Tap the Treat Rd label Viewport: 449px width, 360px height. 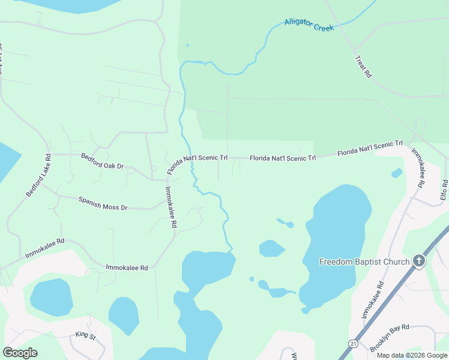(x=364, y=67)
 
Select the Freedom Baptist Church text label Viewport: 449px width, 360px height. (x=364, y=262)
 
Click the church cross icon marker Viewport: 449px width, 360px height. (x=419, y=261)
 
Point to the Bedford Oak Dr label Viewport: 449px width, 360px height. (x=102, y=160)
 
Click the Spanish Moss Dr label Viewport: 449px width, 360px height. (x=103, y=203)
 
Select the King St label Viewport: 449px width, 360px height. (x=85, y=335)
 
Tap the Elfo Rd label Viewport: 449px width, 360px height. (x=444, y=190)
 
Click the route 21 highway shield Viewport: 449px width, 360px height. (x=353, y=341)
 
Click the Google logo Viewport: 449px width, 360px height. (x=20, y=353)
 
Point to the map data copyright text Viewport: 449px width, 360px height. (x=412, y=355)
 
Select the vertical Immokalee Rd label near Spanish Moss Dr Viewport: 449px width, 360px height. (x=170, y=206)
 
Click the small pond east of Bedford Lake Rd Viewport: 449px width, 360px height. (x=51, y=297)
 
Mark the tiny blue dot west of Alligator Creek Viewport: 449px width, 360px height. (x=187, y=44)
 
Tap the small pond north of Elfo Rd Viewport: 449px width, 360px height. (x=396, y=173)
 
